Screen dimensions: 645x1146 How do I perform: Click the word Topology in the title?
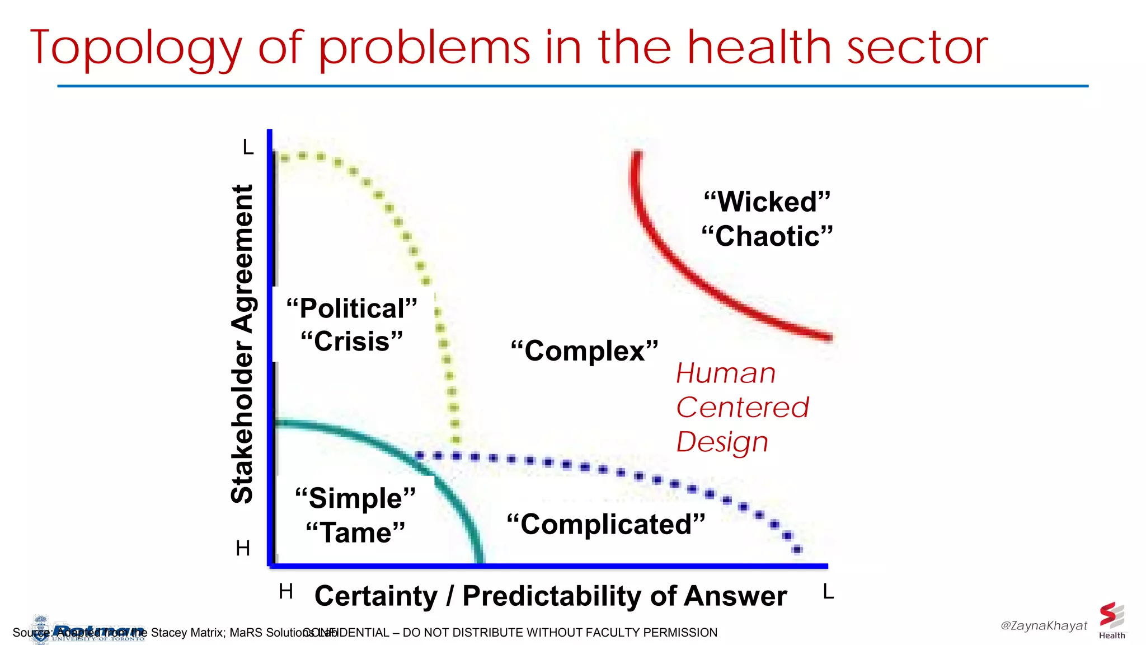[x=136, y=49]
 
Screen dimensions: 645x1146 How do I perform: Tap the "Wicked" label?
[x=767, y=202]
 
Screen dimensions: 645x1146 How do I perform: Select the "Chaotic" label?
[x=767, y=236]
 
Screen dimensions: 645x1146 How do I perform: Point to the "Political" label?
[x=352, y=309]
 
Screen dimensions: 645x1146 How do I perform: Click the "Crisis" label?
[x=352, y=342]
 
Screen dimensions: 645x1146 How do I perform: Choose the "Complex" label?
[x=584, y=351]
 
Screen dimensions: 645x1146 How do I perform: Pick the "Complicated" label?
[x=605, y=525]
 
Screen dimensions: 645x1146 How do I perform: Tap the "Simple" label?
[x=355, y=498]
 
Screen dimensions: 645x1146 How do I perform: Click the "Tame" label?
[x=355, y=532]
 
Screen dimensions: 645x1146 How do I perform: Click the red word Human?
[x=726, y=373]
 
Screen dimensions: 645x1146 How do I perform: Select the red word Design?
[x=722, y=442]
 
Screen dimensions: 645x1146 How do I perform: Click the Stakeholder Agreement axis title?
[x=242, y=344]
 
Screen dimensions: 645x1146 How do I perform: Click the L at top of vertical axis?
[x=248, y=148]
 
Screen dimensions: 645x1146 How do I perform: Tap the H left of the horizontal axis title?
[x=285, y=592]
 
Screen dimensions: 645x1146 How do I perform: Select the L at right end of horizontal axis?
[x=828, y=592]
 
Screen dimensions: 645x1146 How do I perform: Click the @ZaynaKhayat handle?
[x=1044, y=625]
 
